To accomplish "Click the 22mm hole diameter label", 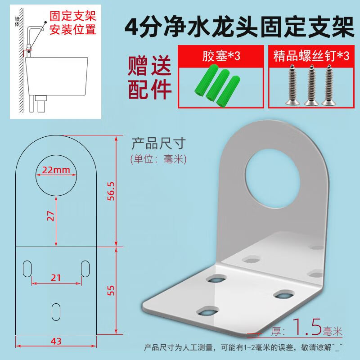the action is coord(56,170).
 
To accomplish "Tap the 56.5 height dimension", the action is coord(111,191).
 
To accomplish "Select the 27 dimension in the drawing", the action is coord(50,216).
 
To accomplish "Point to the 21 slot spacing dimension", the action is coord(56,278).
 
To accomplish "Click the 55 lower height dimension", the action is coord(111,290).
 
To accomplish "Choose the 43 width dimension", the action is coord(56,342).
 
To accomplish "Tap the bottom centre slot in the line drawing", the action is coord(56,312).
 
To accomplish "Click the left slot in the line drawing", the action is coord(27,269).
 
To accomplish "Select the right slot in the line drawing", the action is coord(85,269).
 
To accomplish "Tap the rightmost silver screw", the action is coord(328,85).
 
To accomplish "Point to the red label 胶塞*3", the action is coord(221,56).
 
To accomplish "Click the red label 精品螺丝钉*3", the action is coord(311,56).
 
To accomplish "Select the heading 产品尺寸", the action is coord(158,144).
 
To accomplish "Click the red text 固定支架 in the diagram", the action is coord(73,16).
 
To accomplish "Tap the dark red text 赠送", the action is coord(149,66).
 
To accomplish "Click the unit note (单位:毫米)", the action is coord(158,159).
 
